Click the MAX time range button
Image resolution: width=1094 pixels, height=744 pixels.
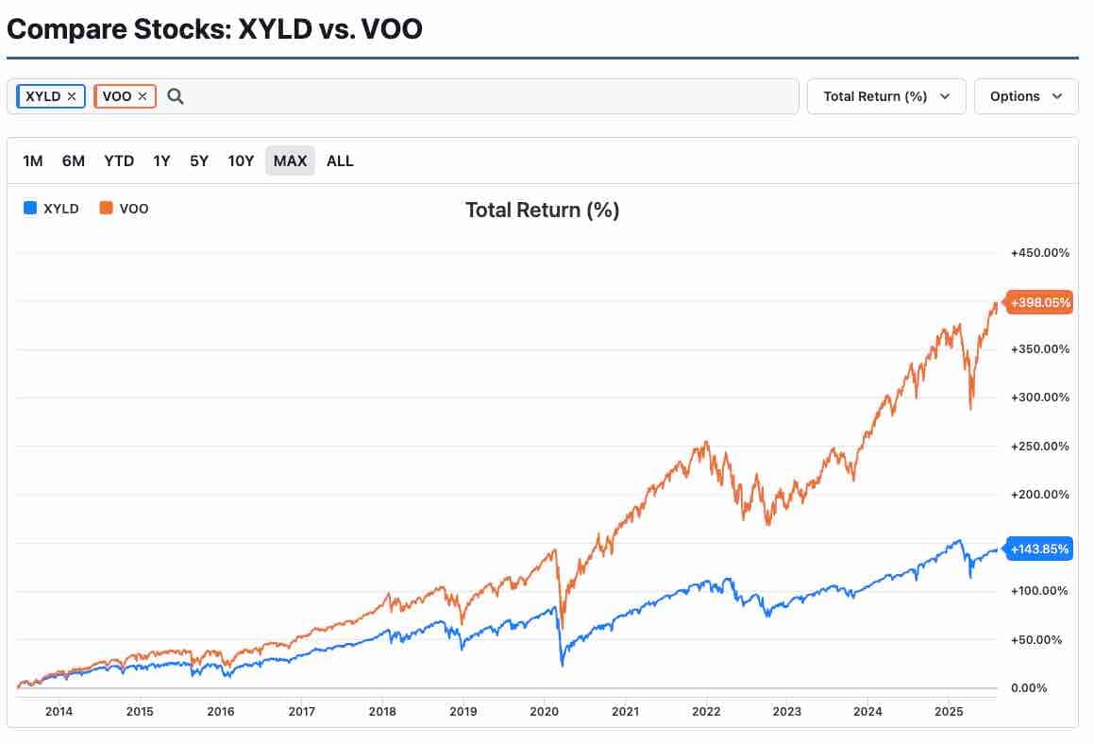pos(290,161)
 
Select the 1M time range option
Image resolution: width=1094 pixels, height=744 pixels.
pos(33,161)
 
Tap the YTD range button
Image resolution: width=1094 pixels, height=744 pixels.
pos(119,161)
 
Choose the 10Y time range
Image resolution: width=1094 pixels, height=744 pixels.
pos(241,161)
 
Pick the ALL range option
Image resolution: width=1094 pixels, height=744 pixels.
pos(340,161)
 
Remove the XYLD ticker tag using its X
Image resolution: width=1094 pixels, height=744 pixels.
pos(71,96)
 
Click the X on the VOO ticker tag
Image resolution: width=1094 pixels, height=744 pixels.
pos(143,96)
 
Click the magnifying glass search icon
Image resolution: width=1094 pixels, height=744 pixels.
pos(176,96)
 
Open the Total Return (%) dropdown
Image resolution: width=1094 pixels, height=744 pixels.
pos(886,96)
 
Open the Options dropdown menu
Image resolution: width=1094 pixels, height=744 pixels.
pos(1026,96)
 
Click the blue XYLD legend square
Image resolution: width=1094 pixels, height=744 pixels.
pos(30,208)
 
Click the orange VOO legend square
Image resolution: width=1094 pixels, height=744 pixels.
pos(106,208)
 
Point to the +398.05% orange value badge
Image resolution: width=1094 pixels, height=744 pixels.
pos(1039,302)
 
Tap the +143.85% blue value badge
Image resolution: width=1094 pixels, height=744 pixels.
pos(1039,550)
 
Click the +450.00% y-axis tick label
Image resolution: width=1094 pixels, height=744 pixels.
pos(1039,253)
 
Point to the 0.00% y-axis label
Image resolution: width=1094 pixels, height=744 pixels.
pos(1029,688)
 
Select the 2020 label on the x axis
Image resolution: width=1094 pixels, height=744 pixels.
pos(545,711)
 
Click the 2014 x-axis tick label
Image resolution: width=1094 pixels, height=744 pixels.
pos(59,711)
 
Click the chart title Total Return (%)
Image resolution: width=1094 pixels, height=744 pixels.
pos(542,211)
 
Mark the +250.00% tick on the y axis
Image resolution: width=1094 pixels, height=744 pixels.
pos(1039,446)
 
